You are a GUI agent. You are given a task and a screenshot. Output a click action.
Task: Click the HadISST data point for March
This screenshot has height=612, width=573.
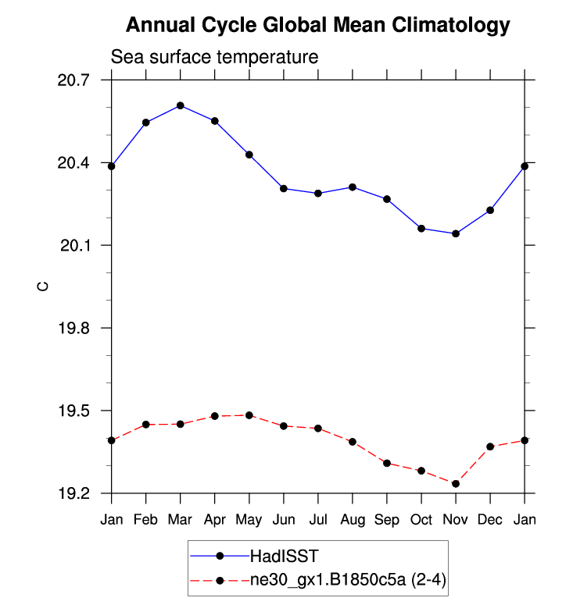tap(181, 105)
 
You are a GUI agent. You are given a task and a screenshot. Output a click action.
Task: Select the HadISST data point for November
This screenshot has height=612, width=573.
tap(456, 233)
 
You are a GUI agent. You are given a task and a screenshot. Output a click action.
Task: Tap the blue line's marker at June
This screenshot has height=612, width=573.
tap(284, 188)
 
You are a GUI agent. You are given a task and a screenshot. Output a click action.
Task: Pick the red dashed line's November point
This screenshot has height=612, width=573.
tap(456, 484)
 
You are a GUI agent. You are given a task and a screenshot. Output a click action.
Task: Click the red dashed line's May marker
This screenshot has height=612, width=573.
tap(249, 415)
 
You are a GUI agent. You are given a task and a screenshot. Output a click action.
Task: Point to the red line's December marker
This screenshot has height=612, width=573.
tap(490, 447)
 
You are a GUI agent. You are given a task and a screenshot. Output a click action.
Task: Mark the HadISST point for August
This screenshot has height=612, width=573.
tap(353, 187)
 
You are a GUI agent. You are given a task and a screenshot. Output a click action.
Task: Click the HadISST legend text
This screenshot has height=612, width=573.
tap(282, 557)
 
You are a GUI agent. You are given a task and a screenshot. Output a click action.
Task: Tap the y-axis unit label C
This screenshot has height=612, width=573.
tap(43, 286)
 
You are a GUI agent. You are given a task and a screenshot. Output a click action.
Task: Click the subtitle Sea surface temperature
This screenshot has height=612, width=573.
tap(214, 57)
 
